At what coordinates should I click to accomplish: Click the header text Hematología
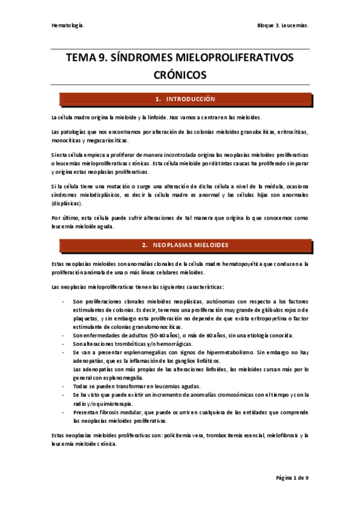coord(67,26)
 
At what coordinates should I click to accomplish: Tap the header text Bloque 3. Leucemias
coord(282,26)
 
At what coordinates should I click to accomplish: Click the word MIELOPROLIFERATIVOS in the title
coord(227,58)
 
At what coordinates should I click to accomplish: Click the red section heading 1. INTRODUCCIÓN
coord(185,99)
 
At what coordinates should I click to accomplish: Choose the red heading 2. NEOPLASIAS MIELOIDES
coord(185,245)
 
